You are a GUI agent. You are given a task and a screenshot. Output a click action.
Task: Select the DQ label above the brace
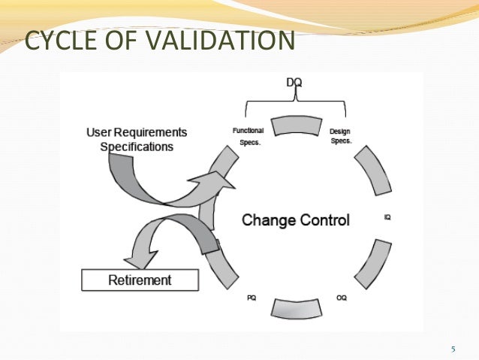(296, 81)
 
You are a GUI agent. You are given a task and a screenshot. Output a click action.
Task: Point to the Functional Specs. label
(248, 135)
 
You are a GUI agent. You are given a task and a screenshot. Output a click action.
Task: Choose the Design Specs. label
(340, 136)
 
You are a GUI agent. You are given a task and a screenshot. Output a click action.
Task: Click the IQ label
(387, 217)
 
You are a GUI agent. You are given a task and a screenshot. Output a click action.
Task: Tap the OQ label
(341, 298)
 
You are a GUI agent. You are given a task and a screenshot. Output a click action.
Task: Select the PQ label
(252, 298)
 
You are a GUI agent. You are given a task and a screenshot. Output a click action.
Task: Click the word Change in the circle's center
(267, 220)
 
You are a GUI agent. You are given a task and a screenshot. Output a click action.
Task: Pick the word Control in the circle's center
(324, 220)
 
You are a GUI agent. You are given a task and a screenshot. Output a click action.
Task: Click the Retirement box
(140, 280)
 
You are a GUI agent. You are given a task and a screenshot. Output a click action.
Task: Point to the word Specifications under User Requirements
(137, 147)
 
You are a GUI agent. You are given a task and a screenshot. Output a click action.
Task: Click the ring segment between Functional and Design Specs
(296, 126)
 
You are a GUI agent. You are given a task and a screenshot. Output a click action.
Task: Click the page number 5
(453, 349)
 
